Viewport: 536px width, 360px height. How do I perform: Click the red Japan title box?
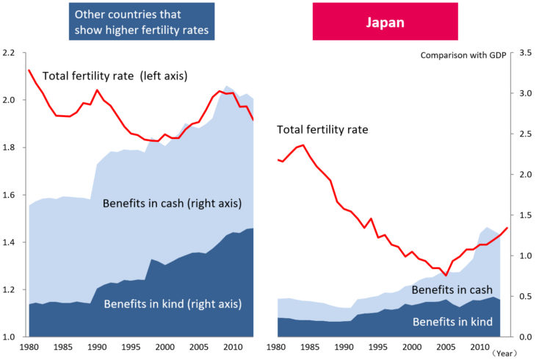pyautogui.click(x=386, y=21)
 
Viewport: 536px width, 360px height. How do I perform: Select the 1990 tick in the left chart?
pyautogui.click(x=96, y=347)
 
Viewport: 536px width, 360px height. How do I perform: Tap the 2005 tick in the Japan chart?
pyautogui.click(x=445, y=347)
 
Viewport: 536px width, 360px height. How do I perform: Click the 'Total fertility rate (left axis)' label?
pyautogui.click(x=115, y=76)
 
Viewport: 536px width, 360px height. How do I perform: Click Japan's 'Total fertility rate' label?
pyautogui.click(x=322, y=130)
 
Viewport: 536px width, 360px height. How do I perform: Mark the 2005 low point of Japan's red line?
pyautogui.click(x=445, y=276)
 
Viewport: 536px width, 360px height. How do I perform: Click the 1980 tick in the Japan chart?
pyautogui.click(x=278, y=347)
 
